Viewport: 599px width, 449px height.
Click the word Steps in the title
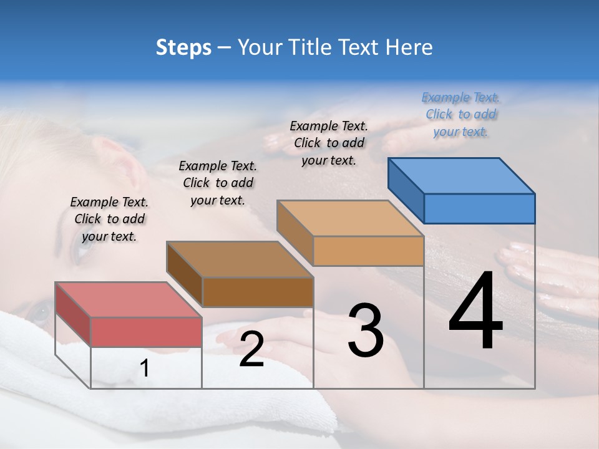183,47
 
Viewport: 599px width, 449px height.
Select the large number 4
475,312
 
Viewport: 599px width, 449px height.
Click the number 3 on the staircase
366,331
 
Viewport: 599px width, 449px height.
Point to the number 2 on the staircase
251,349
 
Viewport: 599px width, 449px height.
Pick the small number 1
145,369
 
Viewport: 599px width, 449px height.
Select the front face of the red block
146,332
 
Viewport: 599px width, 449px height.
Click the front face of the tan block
368,251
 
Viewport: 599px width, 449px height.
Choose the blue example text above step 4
460,115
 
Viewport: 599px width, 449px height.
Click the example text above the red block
109,219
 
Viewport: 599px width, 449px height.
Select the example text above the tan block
329,143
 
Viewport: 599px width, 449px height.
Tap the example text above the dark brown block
218,183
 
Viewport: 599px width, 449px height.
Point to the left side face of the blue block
406,190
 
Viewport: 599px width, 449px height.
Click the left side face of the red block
73,314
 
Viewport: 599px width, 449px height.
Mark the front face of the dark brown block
258,292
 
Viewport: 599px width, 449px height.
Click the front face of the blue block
479,208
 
